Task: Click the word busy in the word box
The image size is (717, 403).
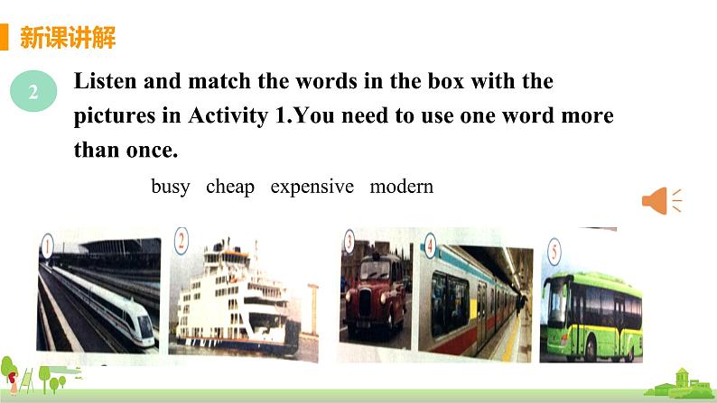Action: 171,187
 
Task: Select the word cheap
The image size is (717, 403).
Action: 230,187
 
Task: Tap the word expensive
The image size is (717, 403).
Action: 312,187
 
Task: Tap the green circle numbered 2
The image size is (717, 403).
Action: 33,91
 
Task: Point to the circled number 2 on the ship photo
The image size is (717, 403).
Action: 182,241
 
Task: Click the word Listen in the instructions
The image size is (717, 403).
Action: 103,81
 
